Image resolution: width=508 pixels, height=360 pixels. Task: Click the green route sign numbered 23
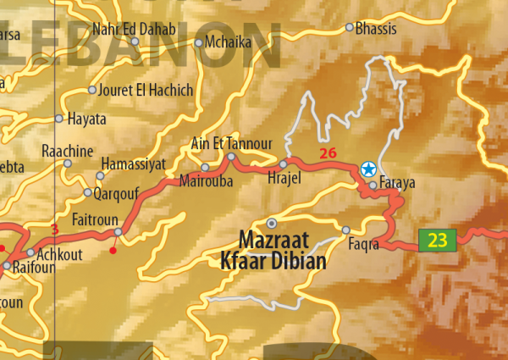click(x=437, y=241)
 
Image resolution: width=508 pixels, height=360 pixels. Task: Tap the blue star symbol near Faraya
click(x=368, y=169)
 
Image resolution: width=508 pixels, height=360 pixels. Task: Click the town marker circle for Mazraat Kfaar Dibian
click(x=272, y=223)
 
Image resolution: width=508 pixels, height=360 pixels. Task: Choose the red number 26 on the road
click(x=328, y=153)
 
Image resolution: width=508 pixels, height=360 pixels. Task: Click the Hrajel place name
click(x=284, y=180)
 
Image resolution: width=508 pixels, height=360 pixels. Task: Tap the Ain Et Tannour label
click(x=232, y=142)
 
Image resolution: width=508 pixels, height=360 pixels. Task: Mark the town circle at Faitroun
click(x=119, y=231)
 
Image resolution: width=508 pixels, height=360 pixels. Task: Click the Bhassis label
click(x=377, y=28)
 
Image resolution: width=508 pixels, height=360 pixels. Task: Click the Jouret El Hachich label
click(x=146, y=90)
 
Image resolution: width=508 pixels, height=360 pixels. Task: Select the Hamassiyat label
click(x=134, y=163)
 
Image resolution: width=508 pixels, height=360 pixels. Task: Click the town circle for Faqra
click(x=345, y=230)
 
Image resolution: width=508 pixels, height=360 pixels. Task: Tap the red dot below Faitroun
click(x=113, y=250)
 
